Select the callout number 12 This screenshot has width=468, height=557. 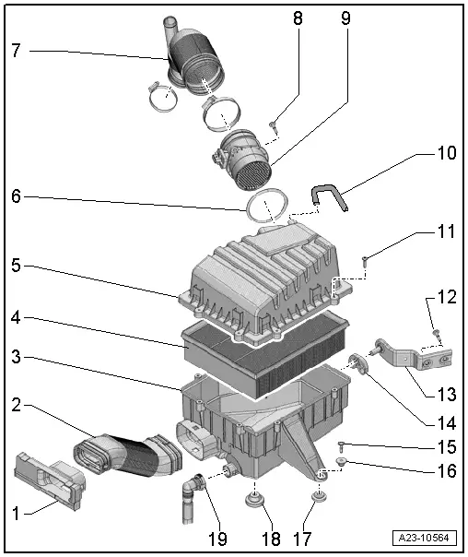click(x=445, y=297)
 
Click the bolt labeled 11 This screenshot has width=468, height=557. click(x=366, y=260)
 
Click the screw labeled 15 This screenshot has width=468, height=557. click(x=342, y=447)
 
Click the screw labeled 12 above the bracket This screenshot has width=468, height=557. click(x=436, y=332)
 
